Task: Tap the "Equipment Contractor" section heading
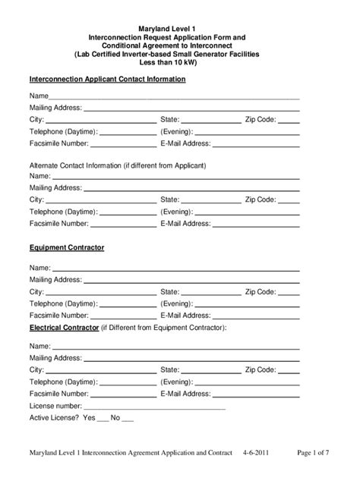click(x=67, y=248)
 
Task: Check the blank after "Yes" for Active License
click(x=102, y=417)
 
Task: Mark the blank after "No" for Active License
click(x=127, y=417)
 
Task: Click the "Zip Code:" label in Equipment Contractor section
click(x=260, y=291)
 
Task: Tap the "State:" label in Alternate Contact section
click(x=170, y=200)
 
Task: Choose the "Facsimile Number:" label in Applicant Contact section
click(x=59, y=143)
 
